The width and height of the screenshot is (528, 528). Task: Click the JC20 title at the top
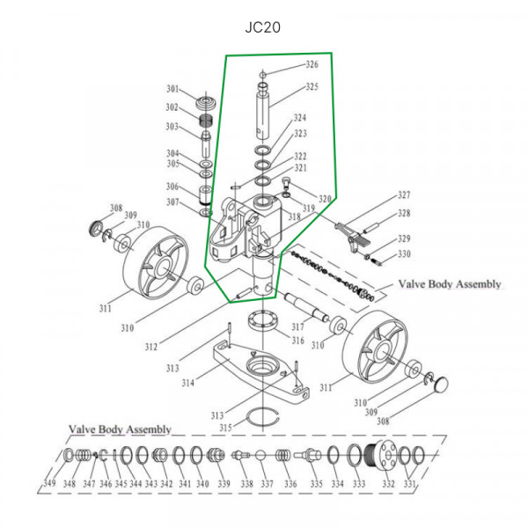point(262,27)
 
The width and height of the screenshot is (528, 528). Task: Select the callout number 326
point(312,64)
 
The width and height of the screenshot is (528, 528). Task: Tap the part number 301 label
point(172,89)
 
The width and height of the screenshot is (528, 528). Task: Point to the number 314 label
point(188,383)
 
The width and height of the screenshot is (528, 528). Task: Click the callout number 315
point(225,428)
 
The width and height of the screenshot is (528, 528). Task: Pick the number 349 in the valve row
point(49,483)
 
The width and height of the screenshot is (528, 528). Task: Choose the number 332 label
point(388,483)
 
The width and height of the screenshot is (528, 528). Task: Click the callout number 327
point(404,194)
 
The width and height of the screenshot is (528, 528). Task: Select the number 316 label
point(298,340)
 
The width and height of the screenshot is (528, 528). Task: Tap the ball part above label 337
point(260,456)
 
